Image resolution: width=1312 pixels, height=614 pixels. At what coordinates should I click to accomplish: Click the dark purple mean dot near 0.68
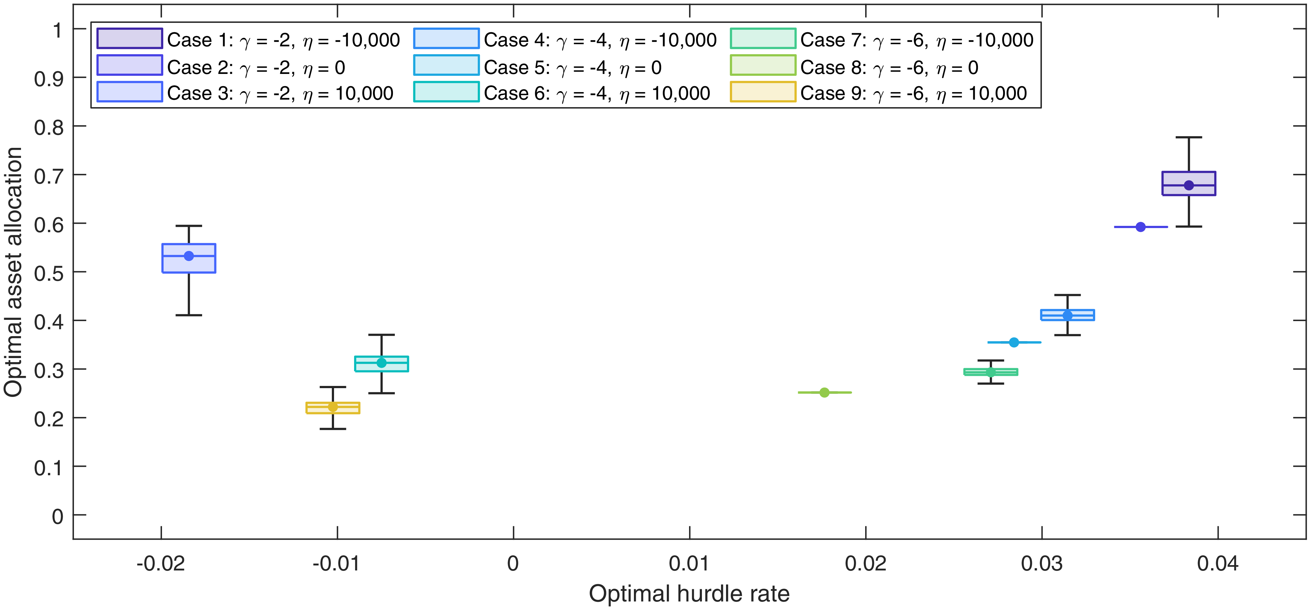point(1189,185)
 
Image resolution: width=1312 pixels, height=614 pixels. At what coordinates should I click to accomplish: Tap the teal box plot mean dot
point(381,362)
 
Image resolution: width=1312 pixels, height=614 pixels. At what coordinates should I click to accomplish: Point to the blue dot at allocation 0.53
point(189,256)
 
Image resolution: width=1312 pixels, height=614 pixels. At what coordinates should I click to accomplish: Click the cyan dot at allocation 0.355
point(1014,342)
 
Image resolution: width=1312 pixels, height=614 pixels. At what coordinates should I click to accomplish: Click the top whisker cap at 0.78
point(1189,138)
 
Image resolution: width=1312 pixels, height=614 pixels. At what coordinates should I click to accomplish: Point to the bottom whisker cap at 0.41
point(189,315)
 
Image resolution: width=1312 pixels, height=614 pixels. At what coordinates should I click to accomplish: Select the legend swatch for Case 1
point(130,39)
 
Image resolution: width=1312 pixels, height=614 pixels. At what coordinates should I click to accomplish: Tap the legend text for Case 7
point(917,40)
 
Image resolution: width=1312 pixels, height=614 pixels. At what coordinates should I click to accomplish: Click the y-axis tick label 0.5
point(49,273)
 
